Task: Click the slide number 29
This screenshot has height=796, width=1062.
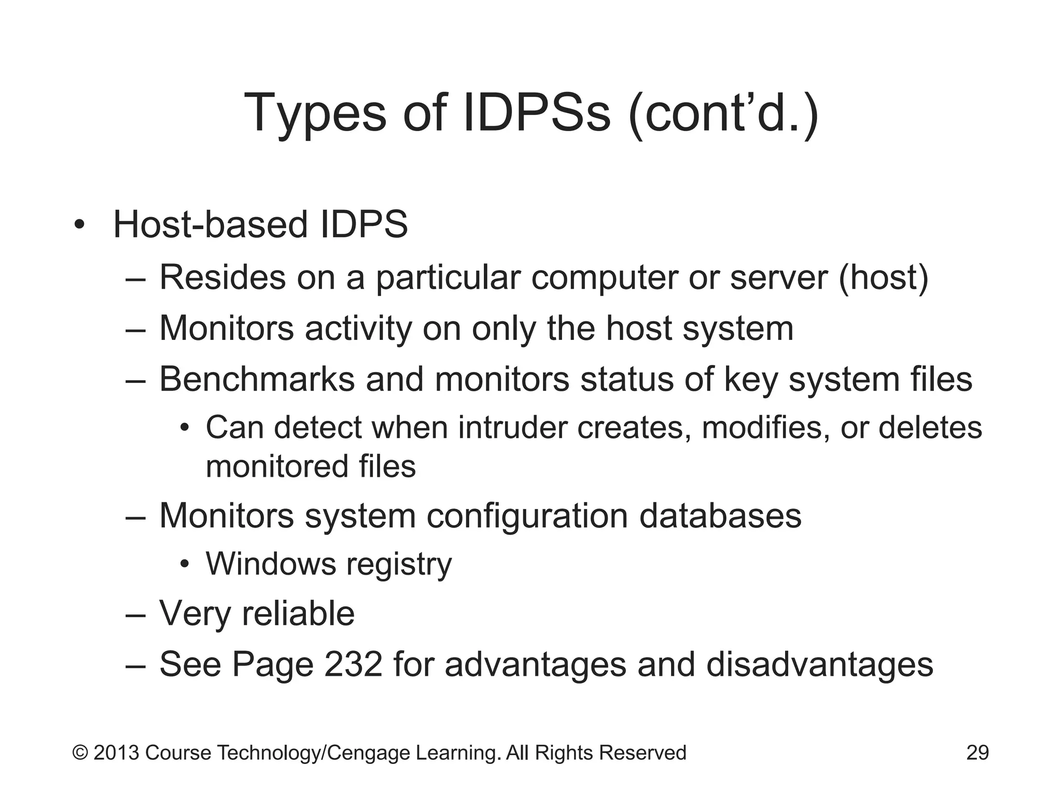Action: coord(977,752)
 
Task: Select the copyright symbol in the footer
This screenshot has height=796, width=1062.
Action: coord(80,752)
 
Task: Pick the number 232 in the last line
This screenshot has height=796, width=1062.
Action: coord(353,664)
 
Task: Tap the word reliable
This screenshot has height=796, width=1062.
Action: coord(298,614)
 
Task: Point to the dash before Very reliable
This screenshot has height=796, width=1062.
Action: coord(136,615)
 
